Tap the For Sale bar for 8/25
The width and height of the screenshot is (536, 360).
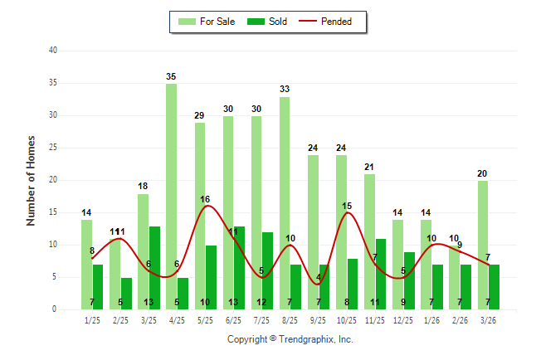[285, 203]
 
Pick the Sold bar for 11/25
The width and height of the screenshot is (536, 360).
[381, 274]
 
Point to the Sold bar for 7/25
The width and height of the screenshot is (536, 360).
[267, 270]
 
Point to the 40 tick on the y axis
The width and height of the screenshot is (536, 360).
[52, 51]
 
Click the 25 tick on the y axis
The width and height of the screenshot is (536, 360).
[52, 148]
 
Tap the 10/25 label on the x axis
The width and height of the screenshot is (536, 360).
[347, 320]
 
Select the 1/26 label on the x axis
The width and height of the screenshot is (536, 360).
[431, 320]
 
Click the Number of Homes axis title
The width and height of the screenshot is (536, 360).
[32, 180]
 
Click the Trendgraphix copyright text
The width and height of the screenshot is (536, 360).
[290, 339]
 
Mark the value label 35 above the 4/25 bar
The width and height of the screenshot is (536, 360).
[171, 76]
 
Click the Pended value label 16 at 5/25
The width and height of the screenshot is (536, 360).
[205, 199]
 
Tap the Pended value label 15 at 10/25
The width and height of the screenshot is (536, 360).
[347, 206]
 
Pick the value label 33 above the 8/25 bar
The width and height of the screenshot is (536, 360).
[285, 90]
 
